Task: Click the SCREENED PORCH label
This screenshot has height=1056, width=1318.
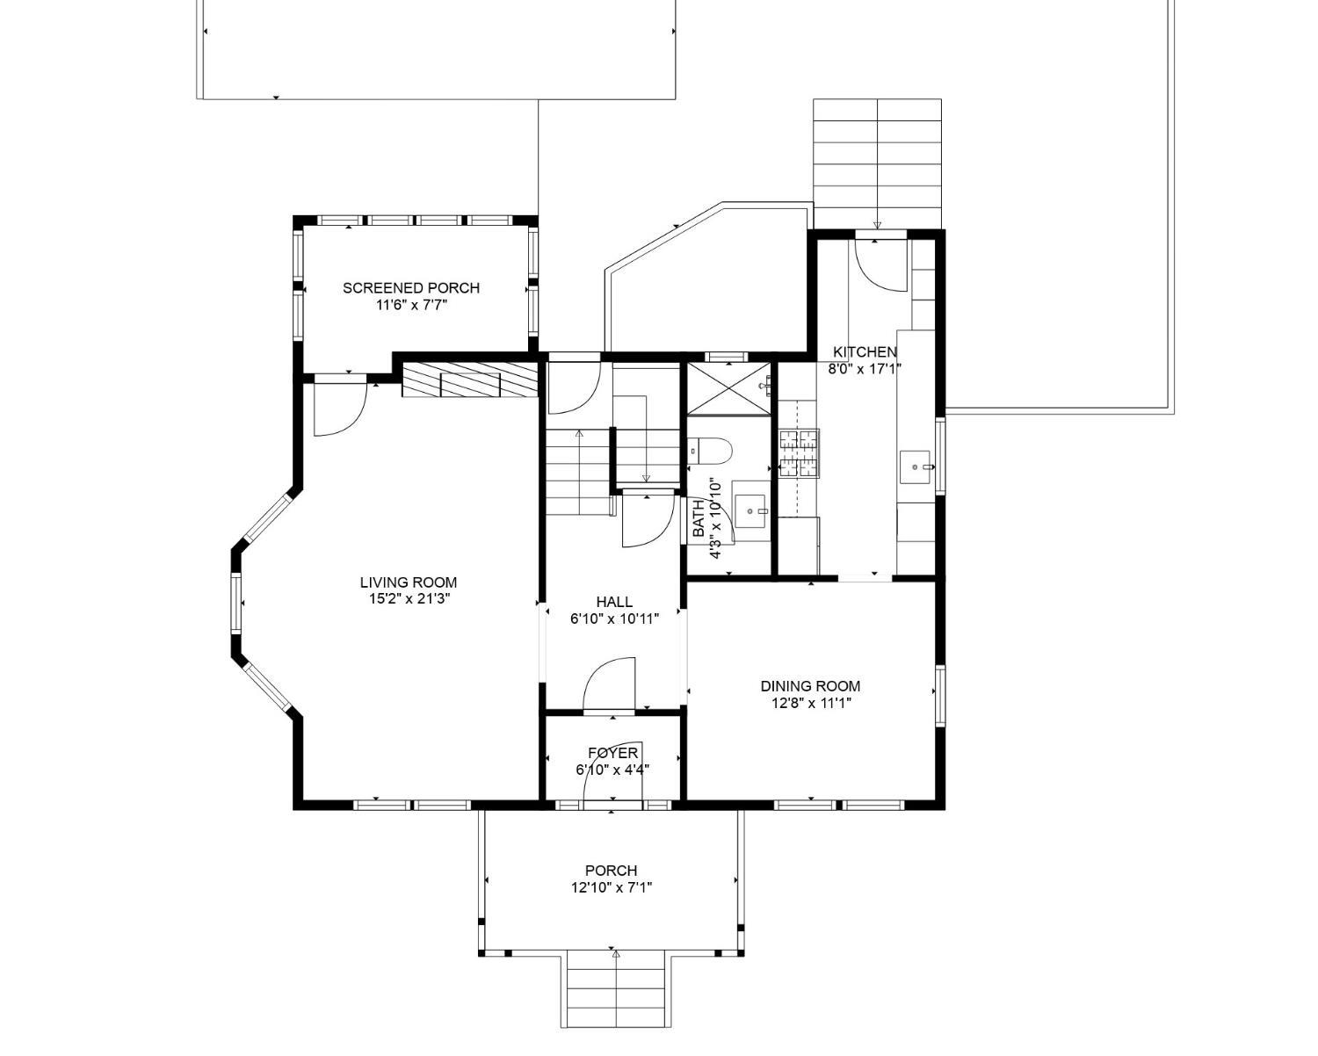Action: tap(411, 288)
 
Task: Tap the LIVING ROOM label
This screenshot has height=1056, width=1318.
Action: tap(409, 582)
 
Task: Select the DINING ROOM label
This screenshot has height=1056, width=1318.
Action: tap(810, 686)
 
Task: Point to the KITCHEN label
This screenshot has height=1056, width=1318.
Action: tap(865, 352)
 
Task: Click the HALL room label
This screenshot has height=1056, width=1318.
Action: tap(614, 602)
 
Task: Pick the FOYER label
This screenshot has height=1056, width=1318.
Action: tap(613, 753)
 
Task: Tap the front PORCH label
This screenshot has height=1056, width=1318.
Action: tap(612, 871)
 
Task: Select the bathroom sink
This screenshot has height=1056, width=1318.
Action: tap(751, 510)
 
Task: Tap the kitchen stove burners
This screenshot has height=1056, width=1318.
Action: tap(800, 453)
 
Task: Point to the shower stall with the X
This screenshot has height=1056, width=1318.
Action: tap(728, 388)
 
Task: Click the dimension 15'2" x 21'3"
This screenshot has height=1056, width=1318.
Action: tap(409, 599)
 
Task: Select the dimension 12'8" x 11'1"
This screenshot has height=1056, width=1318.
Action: tap(812, 703)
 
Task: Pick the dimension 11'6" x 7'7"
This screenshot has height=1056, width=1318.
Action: tap(411, 305)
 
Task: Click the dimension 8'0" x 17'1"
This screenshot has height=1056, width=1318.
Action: tap(865, 369)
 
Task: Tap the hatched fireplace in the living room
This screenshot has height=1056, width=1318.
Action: tap(470, 380)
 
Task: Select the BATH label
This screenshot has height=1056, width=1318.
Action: tap(699, 519)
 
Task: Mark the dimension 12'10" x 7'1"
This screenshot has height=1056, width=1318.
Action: tap(612, 887)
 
